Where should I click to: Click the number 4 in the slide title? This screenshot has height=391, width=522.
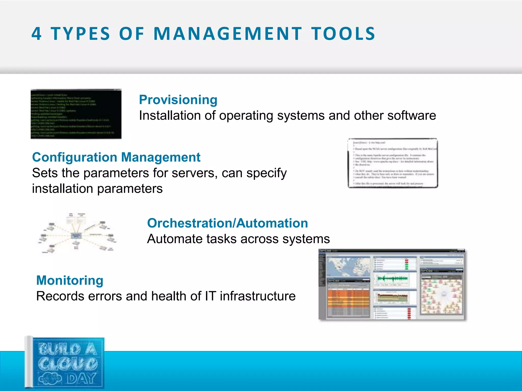click(x=36, y=34)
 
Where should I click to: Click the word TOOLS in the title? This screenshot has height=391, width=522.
click(x=343, y=34)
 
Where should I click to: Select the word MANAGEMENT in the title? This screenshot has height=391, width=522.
click(x=228, y=34)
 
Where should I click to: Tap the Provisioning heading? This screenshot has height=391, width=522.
click(x=178, y=100)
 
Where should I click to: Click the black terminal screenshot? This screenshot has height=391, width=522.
click(x=76, y=114)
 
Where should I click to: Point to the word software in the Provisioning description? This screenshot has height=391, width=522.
click(x=412, y=116)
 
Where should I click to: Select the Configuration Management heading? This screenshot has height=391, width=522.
click(x=116, y=157)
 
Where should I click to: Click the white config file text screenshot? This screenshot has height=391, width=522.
click(x=393, y=163)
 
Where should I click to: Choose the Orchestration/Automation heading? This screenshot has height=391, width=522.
click(x=227, y=223)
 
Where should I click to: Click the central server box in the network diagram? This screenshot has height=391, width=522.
click(x=76, y=235)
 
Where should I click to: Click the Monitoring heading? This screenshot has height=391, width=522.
click(x=70, y=280)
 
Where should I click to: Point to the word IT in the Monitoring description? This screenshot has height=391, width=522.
click(x=211, y=296)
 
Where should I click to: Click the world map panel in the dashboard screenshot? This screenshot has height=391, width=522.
click(x=348, y=267)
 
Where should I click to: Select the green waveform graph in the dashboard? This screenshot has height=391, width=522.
click(x=393, y=279)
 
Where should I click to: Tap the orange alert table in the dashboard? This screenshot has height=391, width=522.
click(x=348, y=298)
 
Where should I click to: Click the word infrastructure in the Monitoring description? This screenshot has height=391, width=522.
click(x=258, y=296)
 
